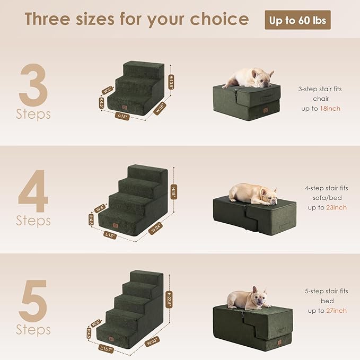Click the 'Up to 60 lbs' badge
pyautogui.click(x=297, y=20)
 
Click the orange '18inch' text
pyautogui.click(x=330, y=108)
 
